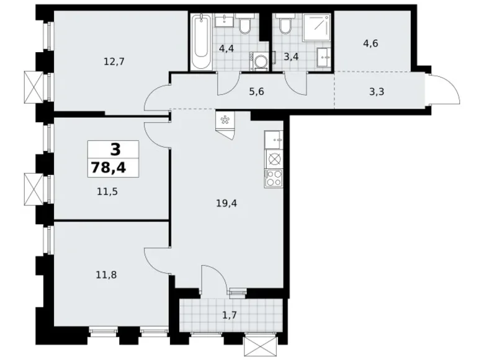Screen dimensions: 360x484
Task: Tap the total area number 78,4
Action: (113, 167)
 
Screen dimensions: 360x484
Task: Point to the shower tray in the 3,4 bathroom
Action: (320, 27)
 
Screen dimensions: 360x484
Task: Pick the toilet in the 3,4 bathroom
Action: (285, 25)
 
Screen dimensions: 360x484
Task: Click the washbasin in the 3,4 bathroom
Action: (324, 58)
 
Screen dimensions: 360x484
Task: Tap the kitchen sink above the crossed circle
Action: (273, 141)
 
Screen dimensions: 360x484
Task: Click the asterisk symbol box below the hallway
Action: (224, 120)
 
